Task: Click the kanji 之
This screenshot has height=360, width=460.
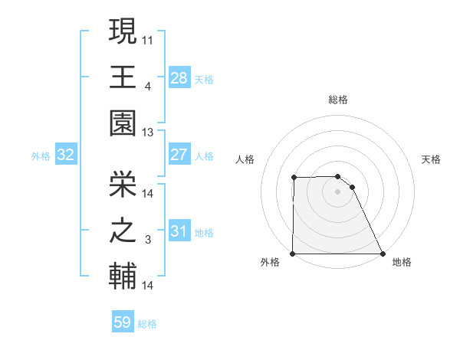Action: point(123,230)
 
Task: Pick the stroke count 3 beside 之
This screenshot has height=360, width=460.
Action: point(148,241)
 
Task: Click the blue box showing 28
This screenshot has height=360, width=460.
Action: point(179,77)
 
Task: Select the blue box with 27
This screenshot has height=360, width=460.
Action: point(179,155)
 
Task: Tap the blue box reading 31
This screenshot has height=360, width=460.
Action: point(179,231)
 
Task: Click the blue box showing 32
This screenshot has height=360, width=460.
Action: point(65,155)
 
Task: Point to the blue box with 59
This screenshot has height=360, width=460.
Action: point(123,322)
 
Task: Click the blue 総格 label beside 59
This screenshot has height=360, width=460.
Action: point(147,324)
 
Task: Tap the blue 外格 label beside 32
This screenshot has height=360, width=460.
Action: point(41,156)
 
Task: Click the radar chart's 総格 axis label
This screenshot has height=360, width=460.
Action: point(338,100)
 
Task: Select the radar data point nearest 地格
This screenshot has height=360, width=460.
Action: point(383,254)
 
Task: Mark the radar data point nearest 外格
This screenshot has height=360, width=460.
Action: point(293,254)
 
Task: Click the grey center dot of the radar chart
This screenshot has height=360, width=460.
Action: point(337,191)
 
